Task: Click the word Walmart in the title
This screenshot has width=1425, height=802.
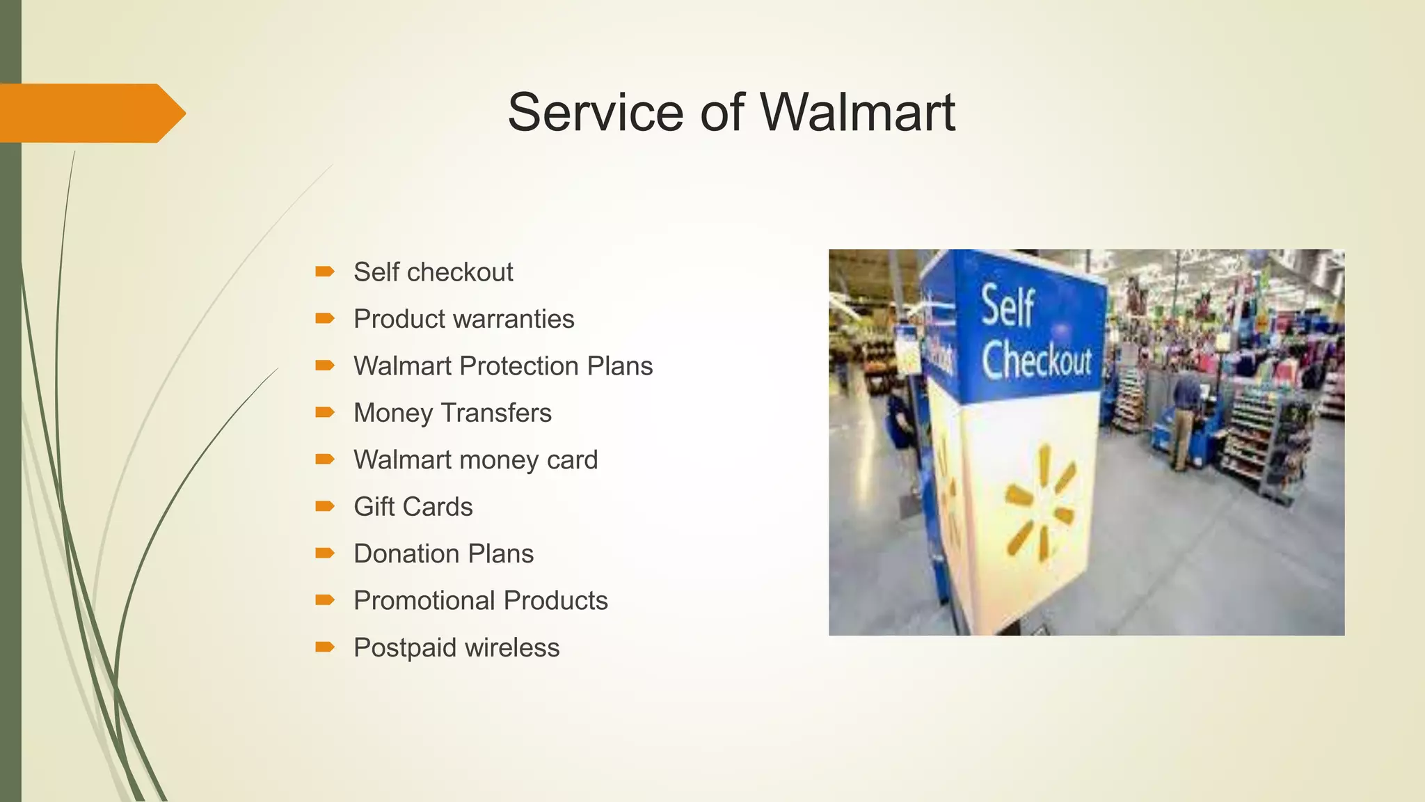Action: [x=857, y=112]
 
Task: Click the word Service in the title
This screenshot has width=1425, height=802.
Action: [x=596, y=112]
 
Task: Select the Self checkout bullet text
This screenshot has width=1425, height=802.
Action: [x=433, y=272]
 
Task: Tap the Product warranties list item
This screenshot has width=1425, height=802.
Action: [x=463, y=319]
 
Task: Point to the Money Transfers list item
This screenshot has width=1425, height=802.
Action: [x=452, y=413]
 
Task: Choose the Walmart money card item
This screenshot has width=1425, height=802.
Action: [x=475, y=460]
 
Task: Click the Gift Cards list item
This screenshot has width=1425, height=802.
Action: [x=413, y=507]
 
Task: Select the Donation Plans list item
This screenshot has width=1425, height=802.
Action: [x=443, y=554]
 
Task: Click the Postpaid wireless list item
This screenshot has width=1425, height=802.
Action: [x=456, y=648]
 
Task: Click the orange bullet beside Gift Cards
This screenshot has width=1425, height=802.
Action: [x=324, y=506]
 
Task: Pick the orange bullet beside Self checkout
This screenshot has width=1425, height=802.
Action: [x=324, y=272]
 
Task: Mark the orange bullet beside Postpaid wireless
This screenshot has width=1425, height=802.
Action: [x=324, y=647]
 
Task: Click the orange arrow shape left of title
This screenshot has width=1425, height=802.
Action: [x=90, y=113]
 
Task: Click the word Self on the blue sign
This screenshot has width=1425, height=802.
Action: [x=1007, y=306]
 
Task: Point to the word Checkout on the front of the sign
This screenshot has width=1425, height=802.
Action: [x=1037, y=361]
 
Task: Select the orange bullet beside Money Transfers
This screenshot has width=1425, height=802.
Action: [x=324, y=412]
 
